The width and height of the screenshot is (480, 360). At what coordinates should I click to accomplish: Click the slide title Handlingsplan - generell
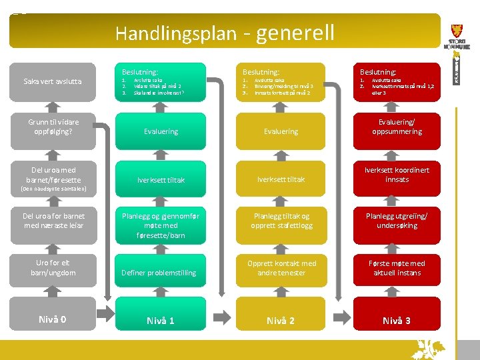click(225, 33)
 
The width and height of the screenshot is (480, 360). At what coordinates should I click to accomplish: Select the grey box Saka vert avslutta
click(53, 81)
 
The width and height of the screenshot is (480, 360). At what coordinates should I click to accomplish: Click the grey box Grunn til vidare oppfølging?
click(53, 127)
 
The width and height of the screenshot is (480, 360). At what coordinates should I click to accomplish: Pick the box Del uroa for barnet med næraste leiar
click(53, 221)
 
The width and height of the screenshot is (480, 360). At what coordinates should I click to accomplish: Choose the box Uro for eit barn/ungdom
click(53, 267)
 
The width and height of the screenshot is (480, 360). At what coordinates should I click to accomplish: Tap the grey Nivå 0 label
click(53, 319)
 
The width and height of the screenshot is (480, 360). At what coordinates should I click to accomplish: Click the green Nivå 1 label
click(161, 321)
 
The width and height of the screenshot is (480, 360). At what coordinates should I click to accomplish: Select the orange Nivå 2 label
click(281, 321)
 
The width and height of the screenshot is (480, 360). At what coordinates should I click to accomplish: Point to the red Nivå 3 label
click(397, 321)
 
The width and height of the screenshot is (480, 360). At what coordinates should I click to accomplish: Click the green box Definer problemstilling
click(161, 273)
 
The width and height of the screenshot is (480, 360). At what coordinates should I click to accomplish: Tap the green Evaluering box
click(161, 131)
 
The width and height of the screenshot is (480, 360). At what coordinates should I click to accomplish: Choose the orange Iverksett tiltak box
click(281, 179)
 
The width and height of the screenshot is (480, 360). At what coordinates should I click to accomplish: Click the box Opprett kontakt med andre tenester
click(281, 268)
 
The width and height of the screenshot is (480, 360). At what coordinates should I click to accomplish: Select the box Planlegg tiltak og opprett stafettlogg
click(281, 221)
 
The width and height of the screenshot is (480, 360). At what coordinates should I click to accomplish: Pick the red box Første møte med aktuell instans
click(397, 268)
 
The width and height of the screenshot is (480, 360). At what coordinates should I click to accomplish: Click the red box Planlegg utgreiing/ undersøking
click(397, 221)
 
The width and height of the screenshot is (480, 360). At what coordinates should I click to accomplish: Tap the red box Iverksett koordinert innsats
click(397, 175)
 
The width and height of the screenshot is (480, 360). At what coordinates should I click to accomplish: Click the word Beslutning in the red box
click(378, 71)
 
